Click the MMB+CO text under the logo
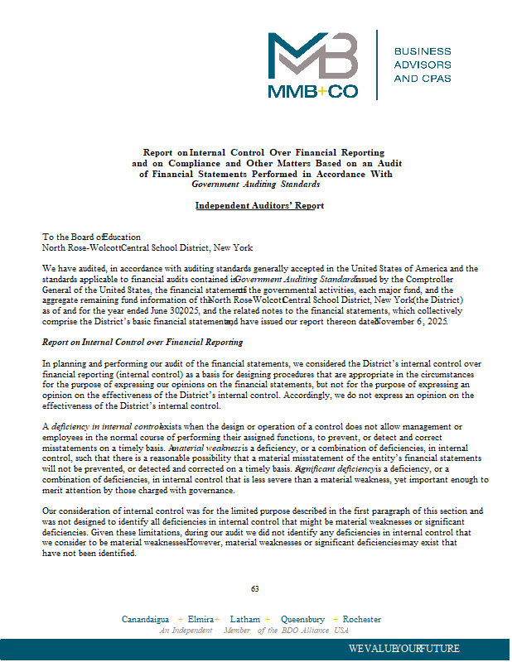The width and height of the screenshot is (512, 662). (x=313, y=91)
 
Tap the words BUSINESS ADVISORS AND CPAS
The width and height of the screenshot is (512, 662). (x=423, y=65)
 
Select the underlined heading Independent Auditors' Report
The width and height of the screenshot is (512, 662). (x=259, y=205)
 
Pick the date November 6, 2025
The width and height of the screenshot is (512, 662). (x=412, y=321)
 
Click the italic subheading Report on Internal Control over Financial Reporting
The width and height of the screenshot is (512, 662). (x=142, y=342)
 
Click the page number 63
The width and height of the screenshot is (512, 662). (x=255, y=588)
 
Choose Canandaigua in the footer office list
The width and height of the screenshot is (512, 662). (x=146, y=619)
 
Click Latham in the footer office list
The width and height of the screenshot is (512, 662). (x=245, y=619)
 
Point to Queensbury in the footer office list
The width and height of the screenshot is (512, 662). (x=302, y=619)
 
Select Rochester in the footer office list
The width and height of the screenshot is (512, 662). (x=362, y=619)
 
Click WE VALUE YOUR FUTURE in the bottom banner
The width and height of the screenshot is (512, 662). (x=404, y=648)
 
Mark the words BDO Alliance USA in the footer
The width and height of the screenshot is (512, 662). (x=316, y=631)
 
